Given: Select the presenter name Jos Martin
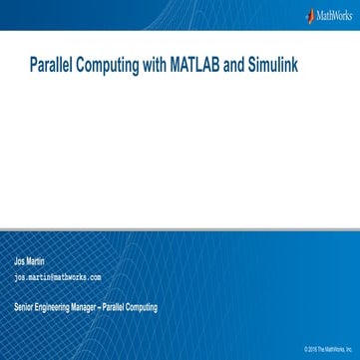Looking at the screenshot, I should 29,261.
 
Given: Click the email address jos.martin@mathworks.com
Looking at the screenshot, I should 57,277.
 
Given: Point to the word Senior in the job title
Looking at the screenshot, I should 24,307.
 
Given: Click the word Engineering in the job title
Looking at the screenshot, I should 55,307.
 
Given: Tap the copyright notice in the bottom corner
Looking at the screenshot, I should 330,351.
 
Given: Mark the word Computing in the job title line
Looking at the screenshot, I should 142,307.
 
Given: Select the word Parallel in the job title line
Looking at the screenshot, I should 116,307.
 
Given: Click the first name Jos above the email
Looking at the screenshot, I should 18,261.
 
